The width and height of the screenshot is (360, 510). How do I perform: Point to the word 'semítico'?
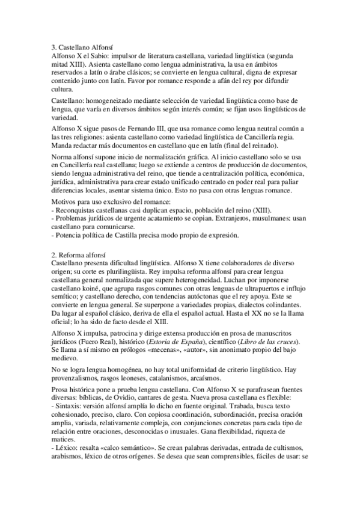[x=66, y=293]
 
